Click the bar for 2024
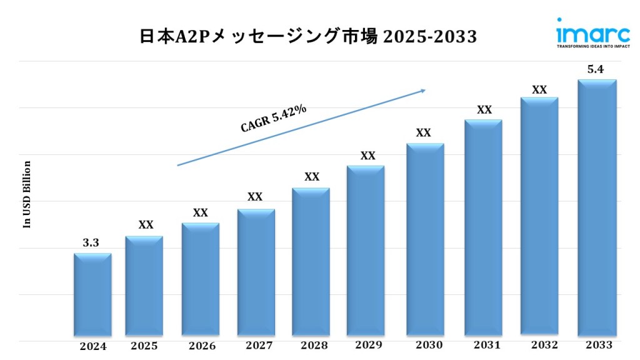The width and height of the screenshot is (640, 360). [x=92, y=295]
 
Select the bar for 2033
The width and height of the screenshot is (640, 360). [x=597, y=209]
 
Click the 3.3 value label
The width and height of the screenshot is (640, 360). [x=91, y=243]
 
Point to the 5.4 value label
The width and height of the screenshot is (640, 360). [x=595, y=70]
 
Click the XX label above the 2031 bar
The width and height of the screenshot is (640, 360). [x=484, y=110]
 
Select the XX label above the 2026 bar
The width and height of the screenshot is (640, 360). [x=200, y=213]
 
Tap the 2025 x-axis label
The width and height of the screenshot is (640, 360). [x=144, y=346]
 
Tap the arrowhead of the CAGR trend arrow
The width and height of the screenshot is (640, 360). [x=422, y=91]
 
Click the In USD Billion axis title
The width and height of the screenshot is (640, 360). [x=27, y=194]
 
